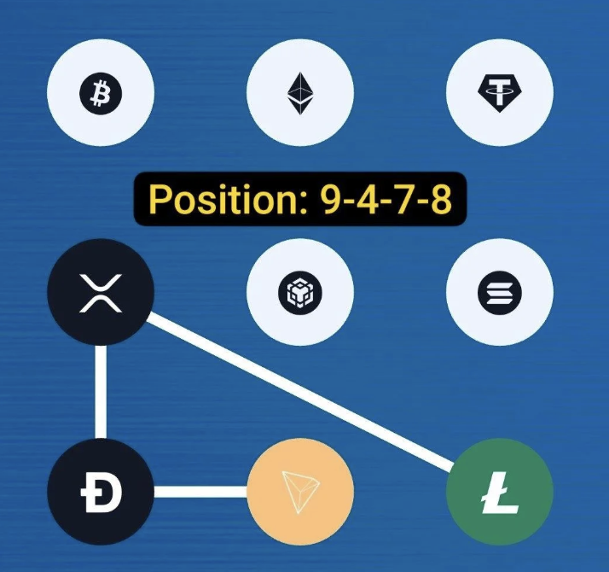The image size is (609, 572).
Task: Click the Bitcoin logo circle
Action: pos(101,93)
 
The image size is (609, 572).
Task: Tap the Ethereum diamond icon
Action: pos(300,93)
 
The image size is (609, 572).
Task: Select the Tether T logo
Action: pos(500,93)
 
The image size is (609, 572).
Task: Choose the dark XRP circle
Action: pos(101,293)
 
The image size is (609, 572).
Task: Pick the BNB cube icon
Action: pos(300,293)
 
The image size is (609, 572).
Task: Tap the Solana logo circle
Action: pos(500,293)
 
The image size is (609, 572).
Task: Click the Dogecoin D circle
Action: pos(101,492)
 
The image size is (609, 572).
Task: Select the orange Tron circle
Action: pos(300,492)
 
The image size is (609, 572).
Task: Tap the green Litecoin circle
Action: pos(500,492)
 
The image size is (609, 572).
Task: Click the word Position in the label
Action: pos(223,199)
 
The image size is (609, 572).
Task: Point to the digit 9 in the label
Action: pos(330,199)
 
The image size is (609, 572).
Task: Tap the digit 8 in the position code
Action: pos(441,199)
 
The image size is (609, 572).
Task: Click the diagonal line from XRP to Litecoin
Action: pos(300,391)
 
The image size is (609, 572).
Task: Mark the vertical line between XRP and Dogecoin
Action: pos(101,392)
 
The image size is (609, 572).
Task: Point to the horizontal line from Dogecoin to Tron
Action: pos(200,492)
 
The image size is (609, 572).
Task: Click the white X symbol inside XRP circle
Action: pos(101,293)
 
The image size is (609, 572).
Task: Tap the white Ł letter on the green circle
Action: pos(500,493)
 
